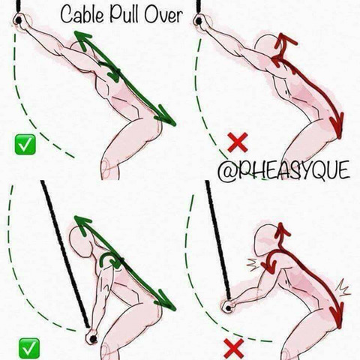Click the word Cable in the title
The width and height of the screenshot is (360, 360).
pos(82,15)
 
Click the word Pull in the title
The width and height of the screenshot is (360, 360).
pos(124,15)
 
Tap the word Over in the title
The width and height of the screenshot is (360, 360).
pos(163,15)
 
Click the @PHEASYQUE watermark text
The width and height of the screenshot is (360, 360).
pos(283,170)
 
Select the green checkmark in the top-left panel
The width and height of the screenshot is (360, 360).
pos(25,145)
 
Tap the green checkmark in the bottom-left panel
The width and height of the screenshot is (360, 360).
pos(29,348)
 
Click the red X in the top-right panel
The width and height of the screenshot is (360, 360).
pos(238,142)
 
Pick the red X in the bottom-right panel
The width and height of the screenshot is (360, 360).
pos(234,348)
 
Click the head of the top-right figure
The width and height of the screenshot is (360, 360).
pos(267,46)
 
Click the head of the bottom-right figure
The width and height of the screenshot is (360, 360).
pos(266,238)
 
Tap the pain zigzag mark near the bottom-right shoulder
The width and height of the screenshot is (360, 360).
pos(253,265)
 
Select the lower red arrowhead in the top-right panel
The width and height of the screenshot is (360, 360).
pos(337,125)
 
